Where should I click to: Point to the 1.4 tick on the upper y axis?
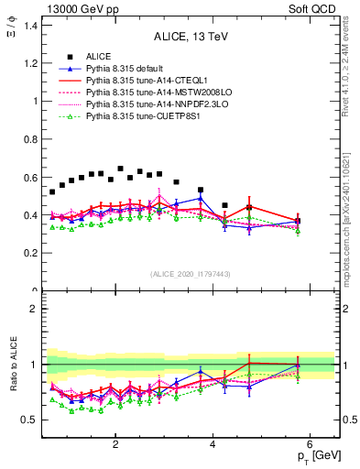[x=31, y=26]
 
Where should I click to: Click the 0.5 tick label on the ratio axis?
[x=31, y=420]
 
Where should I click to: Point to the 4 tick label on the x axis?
[x=213, y=445]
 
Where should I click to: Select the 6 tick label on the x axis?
[x=310, y=445]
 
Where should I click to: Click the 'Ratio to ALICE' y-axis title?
[x=14, y=366]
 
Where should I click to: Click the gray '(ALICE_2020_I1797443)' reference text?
[x=190, y=274]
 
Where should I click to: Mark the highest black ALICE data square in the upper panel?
[x=120, y=169]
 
